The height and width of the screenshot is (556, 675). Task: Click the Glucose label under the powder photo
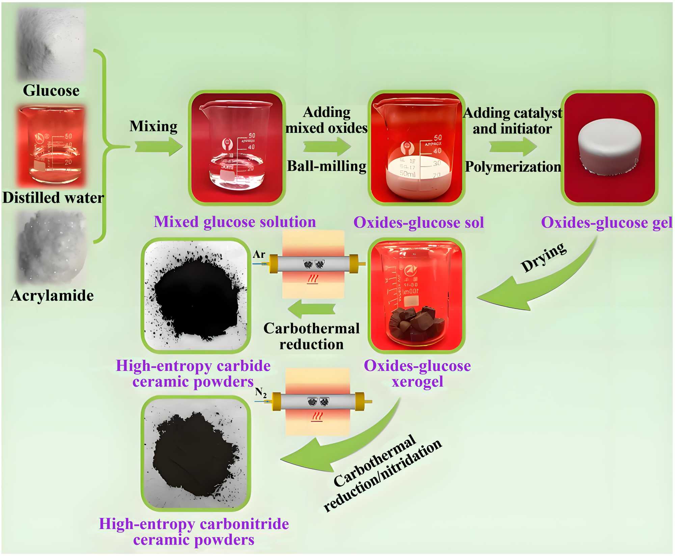[51, 90]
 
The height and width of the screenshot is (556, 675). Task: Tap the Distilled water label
[53, 198]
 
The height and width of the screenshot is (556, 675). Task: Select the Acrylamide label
[52, 296]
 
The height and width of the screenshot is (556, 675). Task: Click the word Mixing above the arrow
[154, 126]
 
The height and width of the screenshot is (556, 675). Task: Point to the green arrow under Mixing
[159, 147]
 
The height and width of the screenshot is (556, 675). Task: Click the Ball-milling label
[326, 166]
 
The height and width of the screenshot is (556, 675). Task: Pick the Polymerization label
[513, 167]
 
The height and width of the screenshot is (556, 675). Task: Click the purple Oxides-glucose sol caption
[418, 223]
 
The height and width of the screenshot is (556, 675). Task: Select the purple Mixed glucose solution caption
[235, 222]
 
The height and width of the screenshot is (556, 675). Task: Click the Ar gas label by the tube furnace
[259, 254]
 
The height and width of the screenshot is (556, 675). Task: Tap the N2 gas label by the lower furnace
[261, 392]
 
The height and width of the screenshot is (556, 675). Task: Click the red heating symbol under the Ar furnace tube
[313, 279]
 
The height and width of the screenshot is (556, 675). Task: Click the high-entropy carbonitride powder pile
[196, 453]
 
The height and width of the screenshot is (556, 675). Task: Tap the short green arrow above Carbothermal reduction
[312, 309]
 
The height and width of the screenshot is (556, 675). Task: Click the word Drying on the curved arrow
[543, 257]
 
